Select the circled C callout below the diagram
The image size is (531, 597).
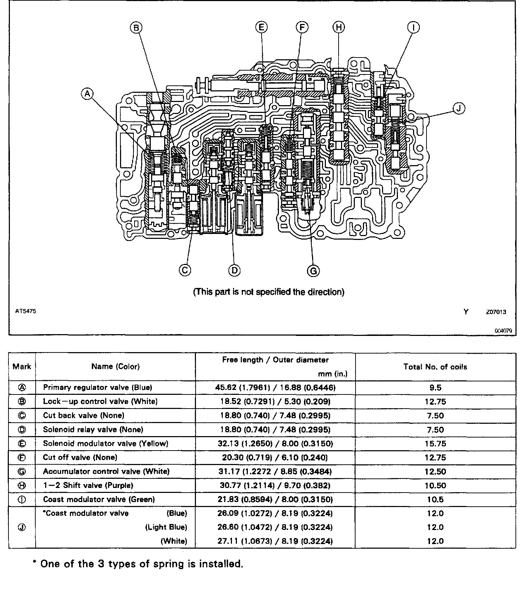pos(185,270)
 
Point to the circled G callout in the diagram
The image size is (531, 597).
pos(313,271)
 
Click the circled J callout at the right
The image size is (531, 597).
pos(459,108)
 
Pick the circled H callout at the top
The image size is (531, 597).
pos(339,27)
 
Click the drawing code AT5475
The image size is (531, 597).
pos(25,311)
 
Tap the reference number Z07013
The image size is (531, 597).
pos(496,312)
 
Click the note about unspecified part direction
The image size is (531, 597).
pos(269,292)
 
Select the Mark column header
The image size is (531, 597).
pos(22,367)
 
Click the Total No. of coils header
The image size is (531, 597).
pos(435,367)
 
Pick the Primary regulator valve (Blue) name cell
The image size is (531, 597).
pos(97,387)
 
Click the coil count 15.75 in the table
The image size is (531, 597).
pos(435,444)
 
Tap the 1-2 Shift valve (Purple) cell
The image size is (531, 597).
pos(88,486)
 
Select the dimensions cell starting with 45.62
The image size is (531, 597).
pos(275,387)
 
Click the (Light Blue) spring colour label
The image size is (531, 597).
pos(166,527)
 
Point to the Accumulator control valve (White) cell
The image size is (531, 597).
pos(106,471)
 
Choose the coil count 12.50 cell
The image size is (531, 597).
pos(435,472)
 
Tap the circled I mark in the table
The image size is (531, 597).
pos(22,500)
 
